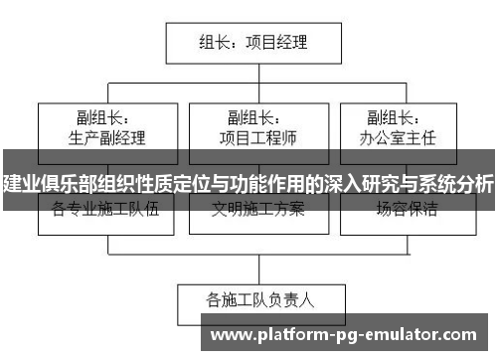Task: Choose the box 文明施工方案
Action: [257, 210]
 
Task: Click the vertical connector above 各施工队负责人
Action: [260, 267]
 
